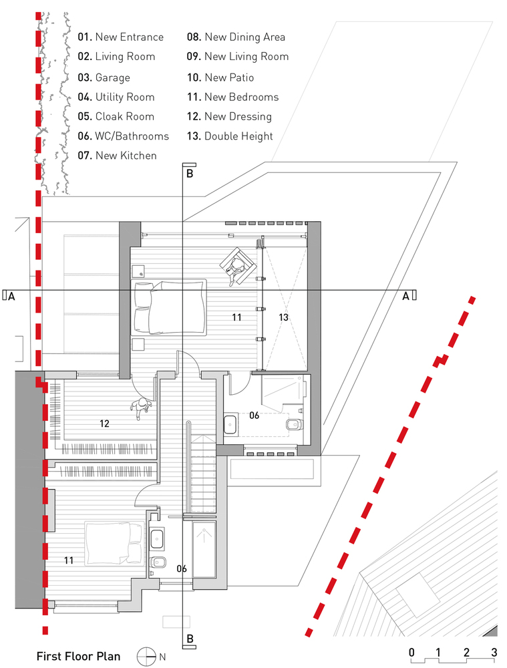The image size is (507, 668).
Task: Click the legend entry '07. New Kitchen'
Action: click(x=117, y=156)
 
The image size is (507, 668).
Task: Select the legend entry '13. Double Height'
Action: click(x=230, y=136)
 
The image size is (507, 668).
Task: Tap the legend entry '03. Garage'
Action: click(x=104, y=77)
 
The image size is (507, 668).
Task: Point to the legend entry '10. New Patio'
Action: click(x=220, y=77)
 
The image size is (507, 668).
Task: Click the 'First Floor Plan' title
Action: click(x=78, y=656)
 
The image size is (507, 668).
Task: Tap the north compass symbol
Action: click(x=146, y=657)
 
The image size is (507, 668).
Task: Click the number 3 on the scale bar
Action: click(x=494, y=652)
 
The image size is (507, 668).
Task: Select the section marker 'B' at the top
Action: click(x=190, y=174)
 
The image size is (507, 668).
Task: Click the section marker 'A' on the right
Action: click(x=406, y=296)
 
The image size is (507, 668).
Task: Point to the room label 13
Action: click(x=284, y=317)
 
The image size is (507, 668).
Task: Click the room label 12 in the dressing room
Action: click(x=104, y=424)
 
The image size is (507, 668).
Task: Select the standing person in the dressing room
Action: click(x=141, y=407)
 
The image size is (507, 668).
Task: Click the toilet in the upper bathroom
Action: click(x=295, y=424)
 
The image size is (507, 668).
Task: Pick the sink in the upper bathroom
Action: click(x=231, y=424)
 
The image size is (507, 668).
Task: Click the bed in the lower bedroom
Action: click(x=114, y=543)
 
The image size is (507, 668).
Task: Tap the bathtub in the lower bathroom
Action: click(x=204, y=549)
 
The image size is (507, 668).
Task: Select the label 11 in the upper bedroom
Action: click(x=237, y=317)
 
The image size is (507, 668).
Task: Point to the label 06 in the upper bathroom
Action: click(x=255, y=415)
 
